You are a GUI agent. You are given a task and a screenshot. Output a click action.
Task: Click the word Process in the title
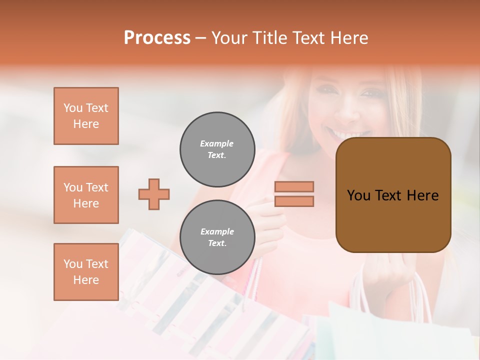(157, 38)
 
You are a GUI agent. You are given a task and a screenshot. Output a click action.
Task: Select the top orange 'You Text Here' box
(86, 116)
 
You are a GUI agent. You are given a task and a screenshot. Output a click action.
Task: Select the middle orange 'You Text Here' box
(86, 195)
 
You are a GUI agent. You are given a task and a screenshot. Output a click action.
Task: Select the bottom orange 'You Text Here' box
(86, 272)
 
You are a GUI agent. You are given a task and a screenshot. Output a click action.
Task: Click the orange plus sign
(154, 194)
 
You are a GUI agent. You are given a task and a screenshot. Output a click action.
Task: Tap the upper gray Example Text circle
(217, 149)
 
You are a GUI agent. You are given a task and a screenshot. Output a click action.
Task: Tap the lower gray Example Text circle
(217, 237)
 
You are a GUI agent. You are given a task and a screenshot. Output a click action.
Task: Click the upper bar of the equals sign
(294, 186)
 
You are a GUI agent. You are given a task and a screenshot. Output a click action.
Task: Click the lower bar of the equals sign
(294, 201)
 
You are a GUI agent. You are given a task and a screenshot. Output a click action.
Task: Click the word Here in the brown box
(422, 195)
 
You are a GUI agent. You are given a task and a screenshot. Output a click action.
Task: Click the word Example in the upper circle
(217, 143)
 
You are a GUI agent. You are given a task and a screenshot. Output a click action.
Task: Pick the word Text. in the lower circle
(217, 243)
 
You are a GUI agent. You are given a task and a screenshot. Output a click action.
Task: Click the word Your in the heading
(229, 38)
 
